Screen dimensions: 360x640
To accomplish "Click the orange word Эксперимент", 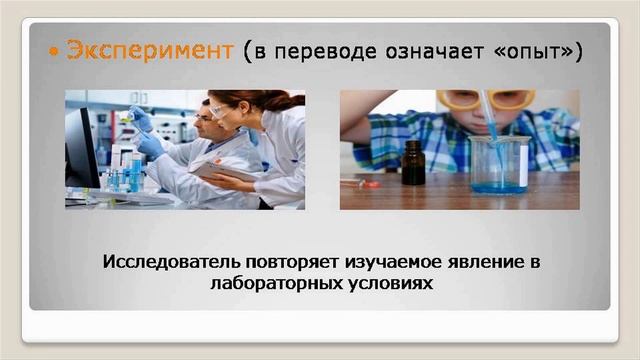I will tap(149, 50).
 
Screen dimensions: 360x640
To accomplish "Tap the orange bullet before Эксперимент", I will tap(54, 51).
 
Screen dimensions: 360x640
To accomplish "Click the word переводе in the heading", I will tap(323, 51).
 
